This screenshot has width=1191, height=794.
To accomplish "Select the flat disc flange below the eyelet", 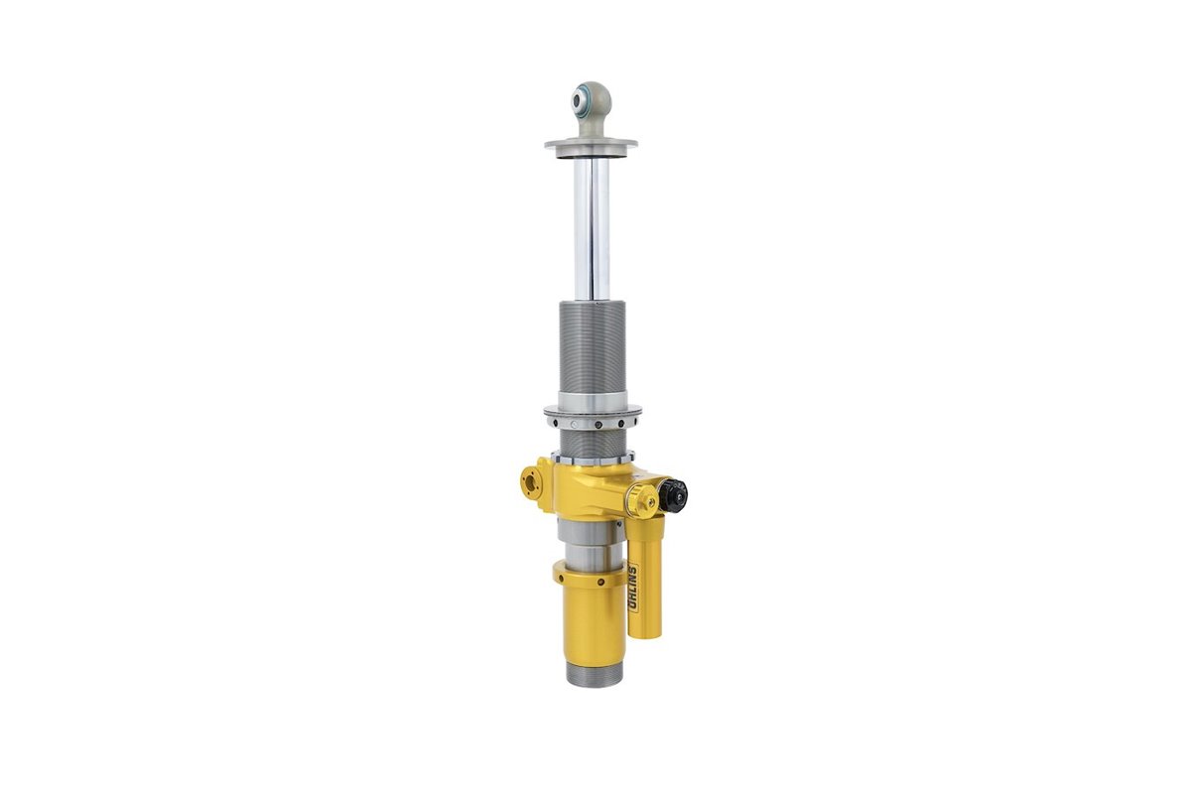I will pos(592,145).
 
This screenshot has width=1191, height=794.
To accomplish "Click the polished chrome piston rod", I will pos(592,228).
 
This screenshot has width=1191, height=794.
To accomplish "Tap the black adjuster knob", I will pos(674,493).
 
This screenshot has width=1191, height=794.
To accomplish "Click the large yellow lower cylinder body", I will pos(594,625).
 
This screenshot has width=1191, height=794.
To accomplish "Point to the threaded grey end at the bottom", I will pos(595,674).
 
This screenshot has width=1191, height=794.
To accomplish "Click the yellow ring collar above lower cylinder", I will pos(592,575).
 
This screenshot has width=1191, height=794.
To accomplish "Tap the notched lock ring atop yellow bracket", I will pos(592,458).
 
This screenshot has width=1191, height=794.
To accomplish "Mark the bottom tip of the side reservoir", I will pos(646,634).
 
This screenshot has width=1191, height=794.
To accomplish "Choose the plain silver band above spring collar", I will pos(592,399).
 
